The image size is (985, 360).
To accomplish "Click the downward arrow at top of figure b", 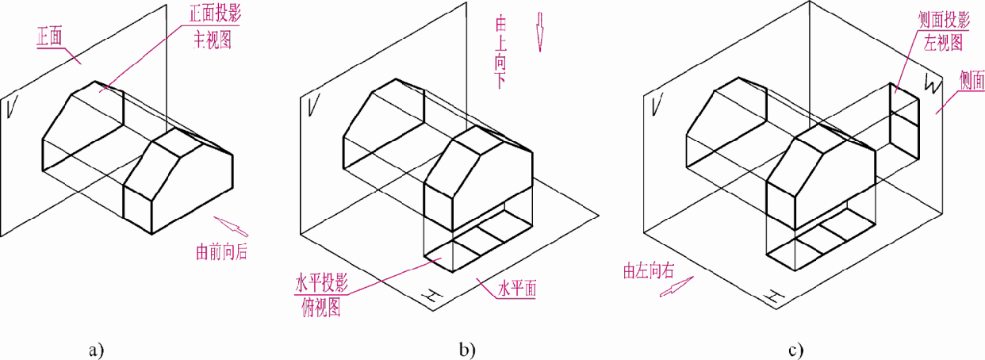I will [x=541, y=31].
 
